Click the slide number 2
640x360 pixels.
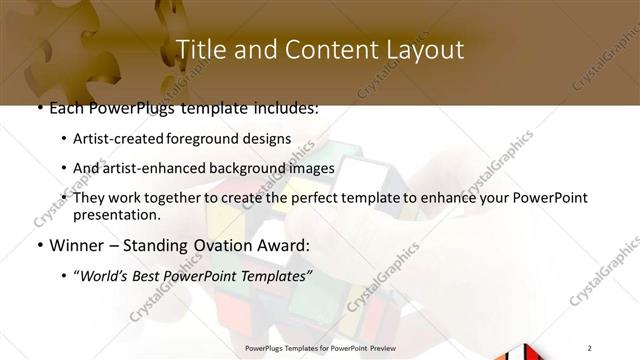tap(591, 347)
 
